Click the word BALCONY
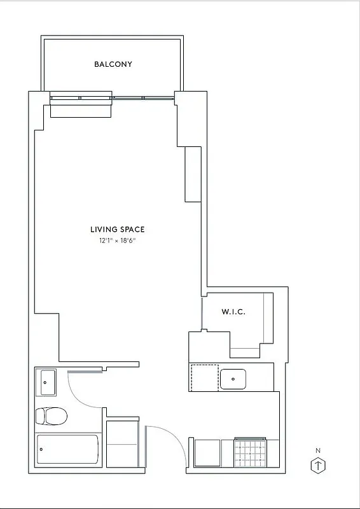click(113, 64)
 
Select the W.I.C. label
click(233, 312)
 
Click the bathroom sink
click(46, 382)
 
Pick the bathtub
click(68, 449)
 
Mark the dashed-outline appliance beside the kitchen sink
click(204, 377)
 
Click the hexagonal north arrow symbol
click(318, 465)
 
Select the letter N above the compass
click(318, 451)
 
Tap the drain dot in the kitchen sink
click(234, 379)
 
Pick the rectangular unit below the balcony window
click(81, 109)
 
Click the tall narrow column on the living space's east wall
click(193, 174)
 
